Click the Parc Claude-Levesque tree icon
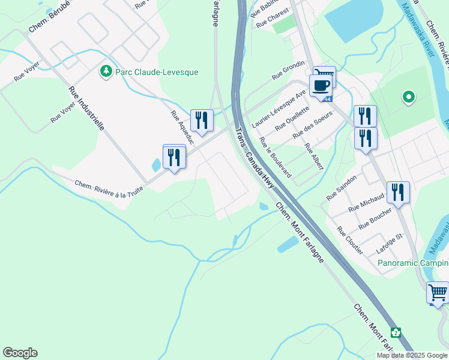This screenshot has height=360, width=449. [106, 71]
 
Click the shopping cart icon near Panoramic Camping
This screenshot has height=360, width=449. [438, 293]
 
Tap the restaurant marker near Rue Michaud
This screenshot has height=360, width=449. [398, 192]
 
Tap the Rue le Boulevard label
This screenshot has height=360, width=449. [276, 157]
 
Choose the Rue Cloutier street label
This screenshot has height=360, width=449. [349, 240]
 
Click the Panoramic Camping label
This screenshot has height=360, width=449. [413, 263]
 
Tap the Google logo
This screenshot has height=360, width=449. [20, 353]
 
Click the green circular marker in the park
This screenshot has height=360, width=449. [409, 97]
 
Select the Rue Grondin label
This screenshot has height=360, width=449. [289, 70]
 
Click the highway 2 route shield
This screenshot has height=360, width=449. [396, 332]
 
